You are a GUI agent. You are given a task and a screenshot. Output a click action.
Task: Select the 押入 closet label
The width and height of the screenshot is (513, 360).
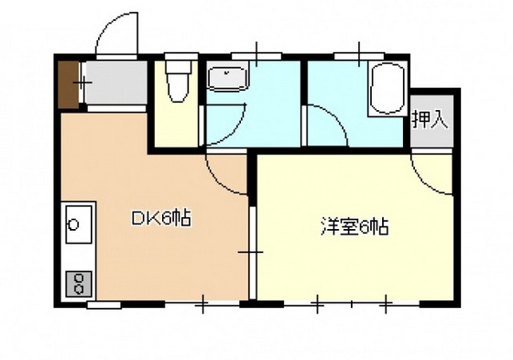429,120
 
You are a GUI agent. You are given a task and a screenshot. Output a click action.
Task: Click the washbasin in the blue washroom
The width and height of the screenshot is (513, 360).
225,81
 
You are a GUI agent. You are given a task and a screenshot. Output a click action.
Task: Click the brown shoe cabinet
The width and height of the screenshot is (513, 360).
68,84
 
